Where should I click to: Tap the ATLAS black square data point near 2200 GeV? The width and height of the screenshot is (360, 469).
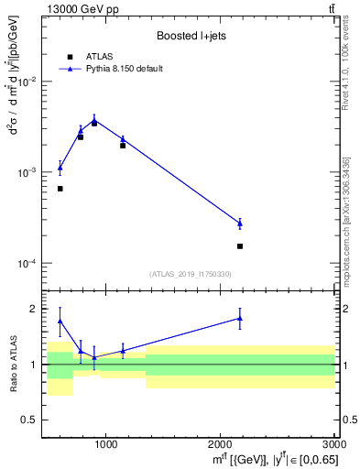click(x=240, y=245)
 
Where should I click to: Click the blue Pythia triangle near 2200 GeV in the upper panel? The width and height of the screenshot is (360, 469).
click(x=240, y=223)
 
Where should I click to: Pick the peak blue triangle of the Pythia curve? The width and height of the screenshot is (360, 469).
click(x=94, y=119)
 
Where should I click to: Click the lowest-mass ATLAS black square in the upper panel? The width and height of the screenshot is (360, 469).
click(x=60, y=189)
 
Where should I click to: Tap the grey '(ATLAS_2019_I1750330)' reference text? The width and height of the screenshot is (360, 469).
click(x=191, y=274)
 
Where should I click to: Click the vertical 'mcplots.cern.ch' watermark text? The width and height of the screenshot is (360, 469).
click(x=346, y=238)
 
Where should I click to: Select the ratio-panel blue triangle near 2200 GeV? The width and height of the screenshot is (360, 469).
click(x=240, y=318)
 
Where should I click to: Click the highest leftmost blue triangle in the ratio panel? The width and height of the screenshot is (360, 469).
click(x=60, y=321)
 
